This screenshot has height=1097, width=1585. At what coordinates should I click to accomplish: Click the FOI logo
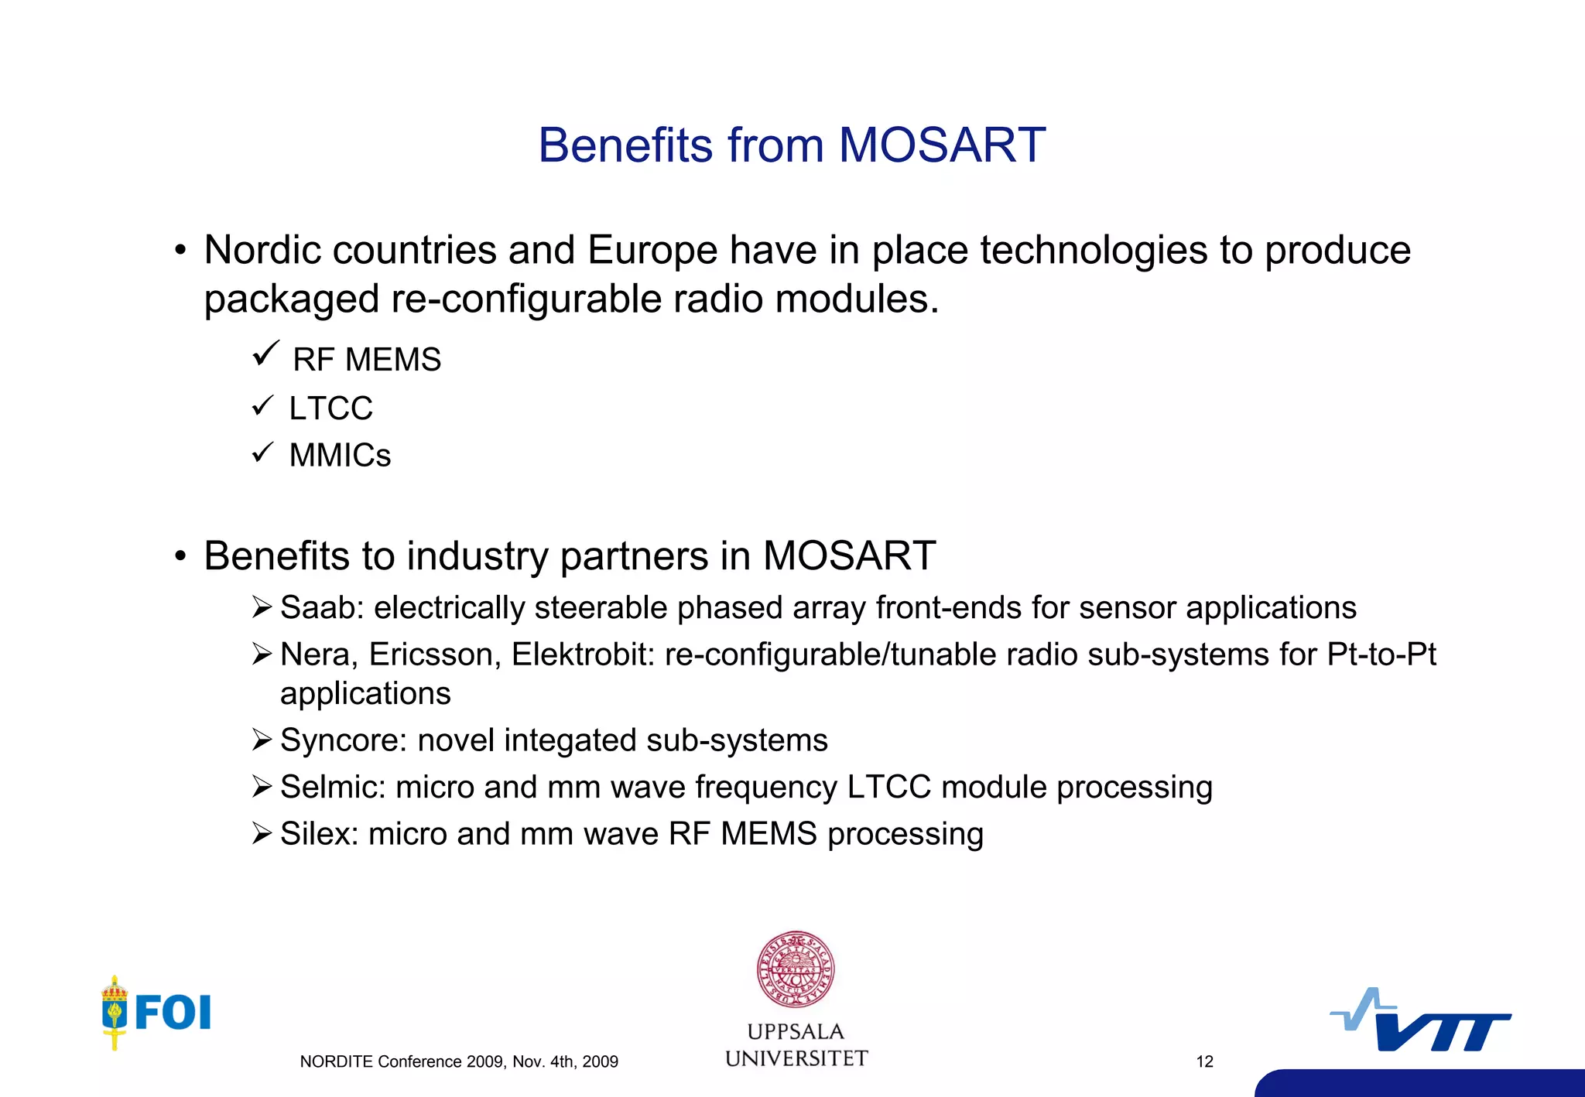(157, 1012)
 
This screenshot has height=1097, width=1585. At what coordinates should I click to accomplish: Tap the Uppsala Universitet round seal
(796, 969)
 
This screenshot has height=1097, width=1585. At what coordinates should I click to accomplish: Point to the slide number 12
(1204, 1061)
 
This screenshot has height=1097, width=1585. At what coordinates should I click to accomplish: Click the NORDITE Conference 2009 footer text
(459, 1061)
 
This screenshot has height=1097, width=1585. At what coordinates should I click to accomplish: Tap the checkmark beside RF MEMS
(265, 354)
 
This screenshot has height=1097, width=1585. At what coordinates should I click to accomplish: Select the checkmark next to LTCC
(263, 405)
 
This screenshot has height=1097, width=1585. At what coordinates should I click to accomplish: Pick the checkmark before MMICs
(263, 452)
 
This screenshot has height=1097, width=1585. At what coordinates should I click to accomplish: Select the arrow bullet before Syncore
(262, 740)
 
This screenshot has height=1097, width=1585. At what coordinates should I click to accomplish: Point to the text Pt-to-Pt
(1381, 654)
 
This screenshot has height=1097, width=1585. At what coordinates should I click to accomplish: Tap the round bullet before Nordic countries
(180, 251)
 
